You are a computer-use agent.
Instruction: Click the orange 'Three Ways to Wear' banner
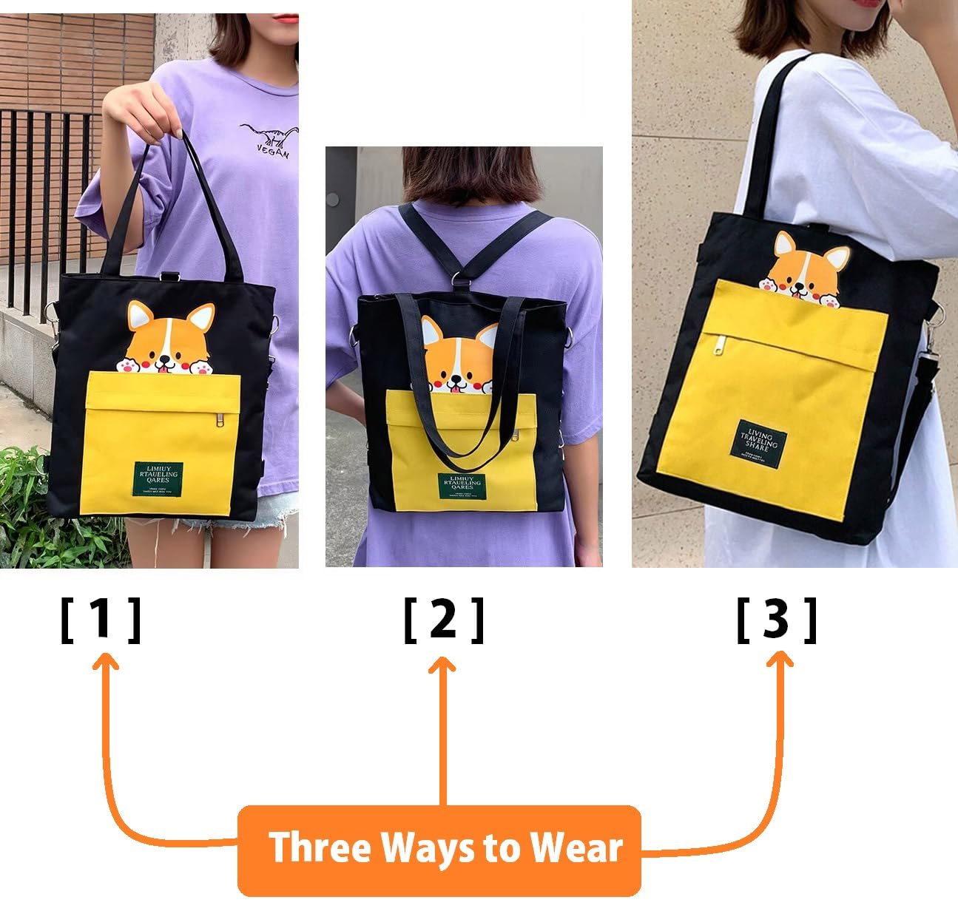(439, 849)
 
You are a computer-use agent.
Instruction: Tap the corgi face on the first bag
(164, 341)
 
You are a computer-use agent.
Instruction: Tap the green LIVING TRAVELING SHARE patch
(760, 438)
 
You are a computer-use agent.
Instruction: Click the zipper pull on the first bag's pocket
(219, 419)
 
